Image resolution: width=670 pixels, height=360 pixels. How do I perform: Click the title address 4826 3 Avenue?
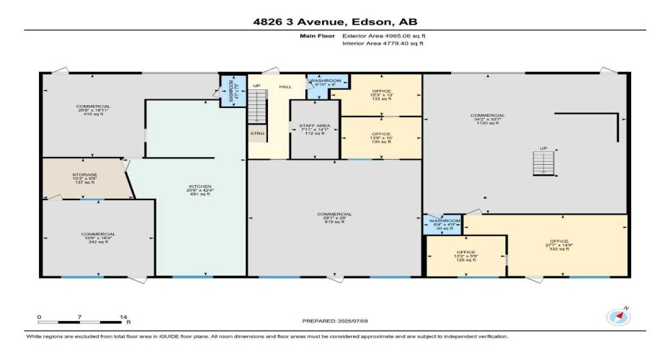tap(334, 22)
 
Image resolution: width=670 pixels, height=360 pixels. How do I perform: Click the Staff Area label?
tap(314, 129)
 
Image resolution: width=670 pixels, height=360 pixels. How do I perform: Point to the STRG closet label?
tap(256, 133)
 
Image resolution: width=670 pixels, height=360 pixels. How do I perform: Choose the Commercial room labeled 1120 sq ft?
tap(488, 119)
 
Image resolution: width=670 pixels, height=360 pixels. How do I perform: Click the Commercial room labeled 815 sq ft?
tap(334, 217)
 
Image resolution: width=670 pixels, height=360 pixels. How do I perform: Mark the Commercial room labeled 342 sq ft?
tap(98, 238)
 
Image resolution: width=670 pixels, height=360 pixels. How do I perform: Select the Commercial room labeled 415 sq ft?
tap(94, 110)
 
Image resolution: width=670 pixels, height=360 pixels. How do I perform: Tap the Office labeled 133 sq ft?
tap(381, 96)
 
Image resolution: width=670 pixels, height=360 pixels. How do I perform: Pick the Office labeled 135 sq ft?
tap(381, 138)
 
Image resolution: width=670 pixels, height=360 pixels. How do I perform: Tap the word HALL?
tap(285, 86)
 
